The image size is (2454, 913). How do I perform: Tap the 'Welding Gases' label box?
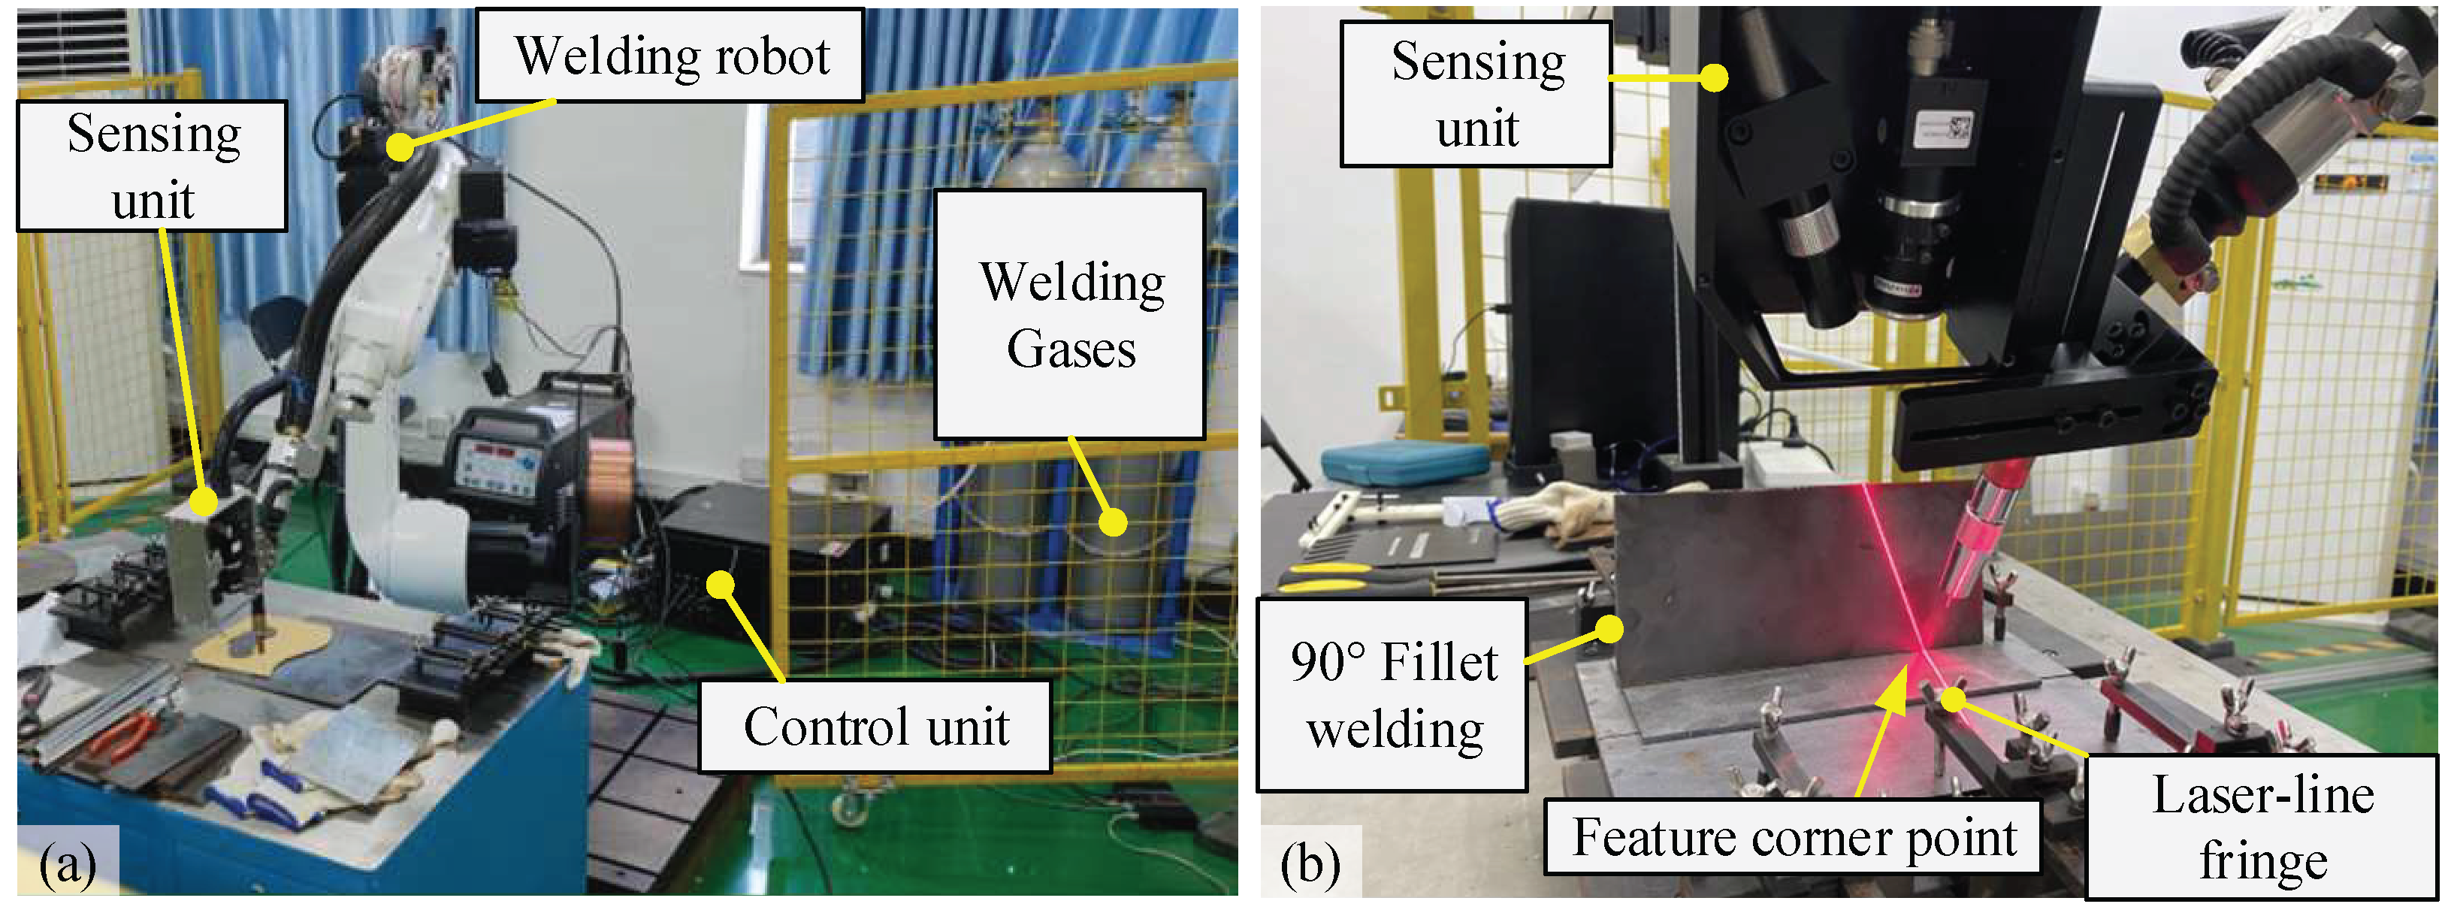(x=1070, y=315)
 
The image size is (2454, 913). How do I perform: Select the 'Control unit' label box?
(x=875, y=726)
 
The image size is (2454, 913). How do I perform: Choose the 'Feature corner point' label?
(x=1792, y=837)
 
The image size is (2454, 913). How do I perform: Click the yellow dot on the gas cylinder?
(x=1113, y=522)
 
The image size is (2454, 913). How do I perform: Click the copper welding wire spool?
(x=607, y=486)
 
